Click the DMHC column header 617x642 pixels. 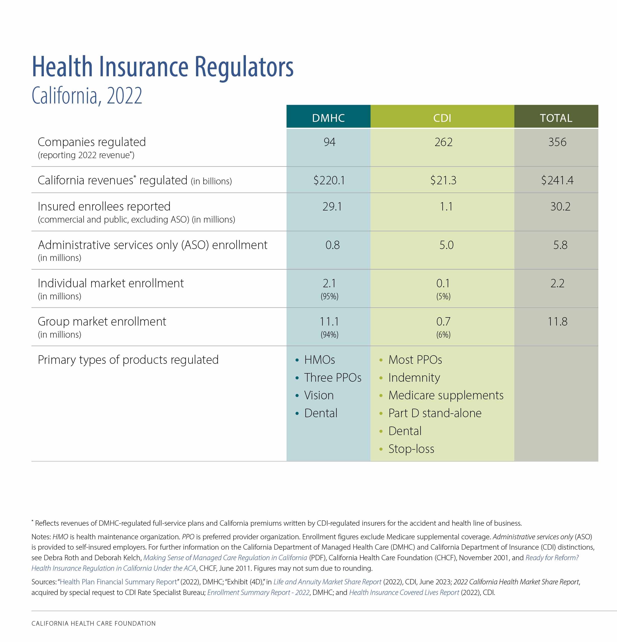coord(328,118)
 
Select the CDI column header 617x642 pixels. coord(442,118)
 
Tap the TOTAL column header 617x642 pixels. coord(556,118)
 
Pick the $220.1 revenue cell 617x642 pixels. coord(329,180)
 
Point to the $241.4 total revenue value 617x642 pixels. coord(557,180)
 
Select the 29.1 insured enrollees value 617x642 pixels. coord(332,206)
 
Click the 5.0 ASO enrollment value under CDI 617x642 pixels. coord(446,245)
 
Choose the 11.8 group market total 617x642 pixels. coord(557,321)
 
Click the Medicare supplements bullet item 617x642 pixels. coord(446,395)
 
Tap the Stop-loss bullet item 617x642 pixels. coord(411,449)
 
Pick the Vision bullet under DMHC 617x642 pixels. coord(319,395)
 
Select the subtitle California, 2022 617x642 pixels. coord(87,95)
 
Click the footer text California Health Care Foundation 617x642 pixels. coord(93,623)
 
